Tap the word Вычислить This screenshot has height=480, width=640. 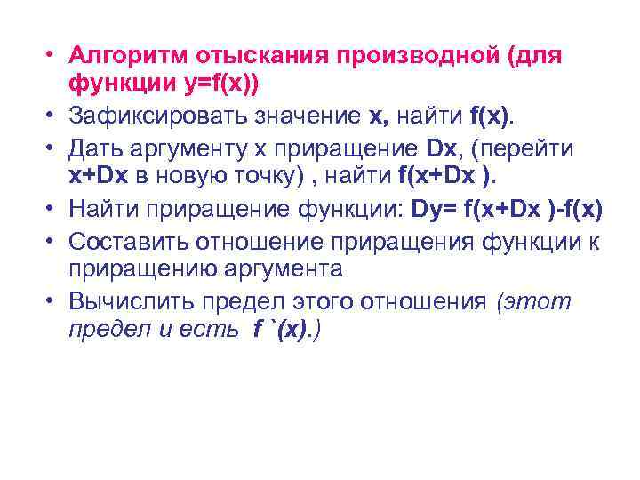(x=128, y=301)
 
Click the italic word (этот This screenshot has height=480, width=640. (x=534, y=301)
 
